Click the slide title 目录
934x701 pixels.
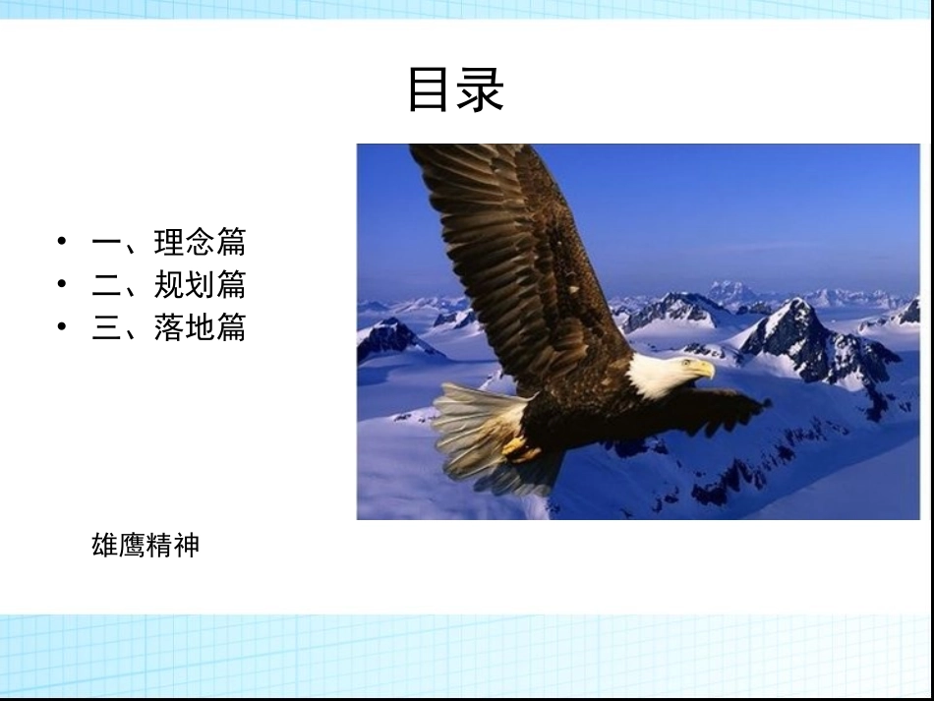coord(455,89)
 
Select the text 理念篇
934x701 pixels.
coord(200,242)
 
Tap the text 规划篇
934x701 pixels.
coord(200,284)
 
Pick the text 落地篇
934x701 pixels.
coord(200,326)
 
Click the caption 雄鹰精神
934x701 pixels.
coord(146,545)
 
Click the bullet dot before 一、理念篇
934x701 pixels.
coord(64,242)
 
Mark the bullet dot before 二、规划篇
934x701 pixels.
coord(64,284)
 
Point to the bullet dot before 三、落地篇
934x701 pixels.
coord(64,326)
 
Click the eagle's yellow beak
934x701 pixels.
coord(703,370)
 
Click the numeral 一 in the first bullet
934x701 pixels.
coord(106,243)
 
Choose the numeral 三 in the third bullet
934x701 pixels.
coord(106,327)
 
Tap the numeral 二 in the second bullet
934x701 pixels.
coord(106,285)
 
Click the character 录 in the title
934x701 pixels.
coord(481,89)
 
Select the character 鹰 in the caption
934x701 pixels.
coord(132,545)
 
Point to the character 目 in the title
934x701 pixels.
coord(431,89)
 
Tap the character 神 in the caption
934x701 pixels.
coord(186,545)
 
